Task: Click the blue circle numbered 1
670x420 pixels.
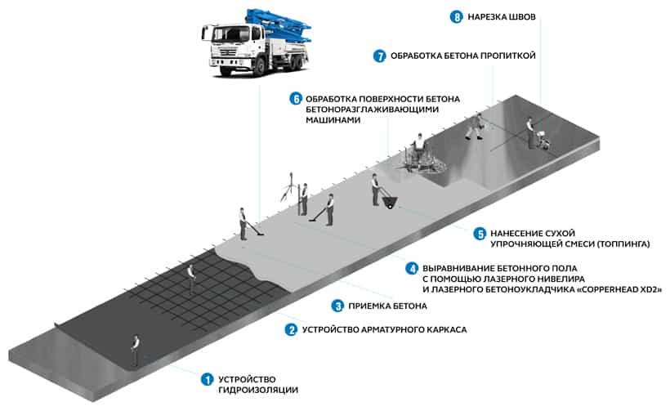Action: (x=207, y=378)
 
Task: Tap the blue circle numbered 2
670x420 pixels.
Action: (x=290, y=330)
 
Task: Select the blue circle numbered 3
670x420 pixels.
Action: (x=337, y=306)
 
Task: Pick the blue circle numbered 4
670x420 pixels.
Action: (x=412, y=267)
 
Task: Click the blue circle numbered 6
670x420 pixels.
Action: (x=296, y=99)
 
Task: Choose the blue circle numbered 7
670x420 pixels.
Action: (x=379, y=56)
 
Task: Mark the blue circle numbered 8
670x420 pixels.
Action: (x=457, y=16)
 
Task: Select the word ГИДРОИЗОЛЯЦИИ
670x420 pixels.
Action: (x=259, y=390)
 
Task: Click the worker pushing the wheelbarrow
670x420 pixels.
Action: (x=377, y=190)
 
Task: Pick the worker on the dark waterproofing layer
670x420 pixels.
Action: (x=135, y=350)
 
